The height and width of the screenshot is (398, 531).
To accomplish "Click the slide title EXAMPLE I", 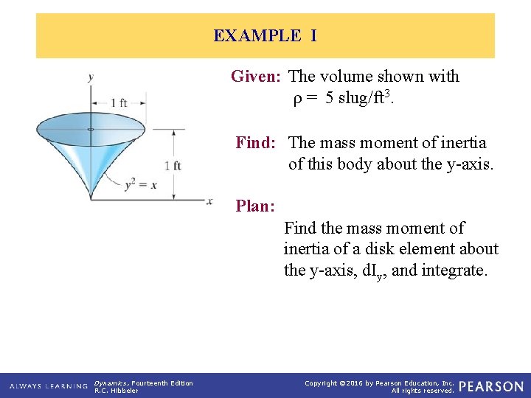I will (265, 35).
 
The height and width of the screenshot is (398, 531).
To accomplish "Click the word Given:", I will (257, 76).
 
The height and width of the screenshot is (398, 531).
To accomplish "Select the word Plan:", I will (254, 206).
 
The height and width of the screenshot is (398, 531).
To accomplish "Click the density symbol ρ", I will (298, 97).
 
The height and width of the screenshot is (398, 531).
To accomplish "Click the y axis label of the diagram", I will (90, 77).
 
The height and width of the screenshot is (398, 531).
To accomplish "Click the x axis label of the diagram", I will (210, 200).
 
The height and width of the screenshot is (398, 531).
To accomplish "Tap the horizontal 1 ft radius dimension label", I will (118, 103).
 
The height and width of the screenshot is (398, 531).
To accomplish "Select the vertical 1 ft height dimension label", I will (173, 166).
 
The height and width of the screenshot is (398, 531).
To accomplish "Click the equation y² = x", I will (140, 184).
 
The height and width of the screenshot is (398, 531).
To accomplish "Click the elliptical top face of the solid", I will (91, 130).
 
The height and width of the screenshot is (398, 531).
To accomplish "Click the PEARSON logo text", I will (490, 386).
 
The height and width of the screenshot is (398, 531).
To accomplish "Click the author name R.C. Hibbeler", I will (117, 391).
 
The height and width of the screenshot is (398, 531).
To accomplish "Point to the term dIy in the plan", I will (371, 271).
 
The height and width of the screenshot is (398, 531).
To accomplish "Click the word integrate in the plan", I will (456, 270).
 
